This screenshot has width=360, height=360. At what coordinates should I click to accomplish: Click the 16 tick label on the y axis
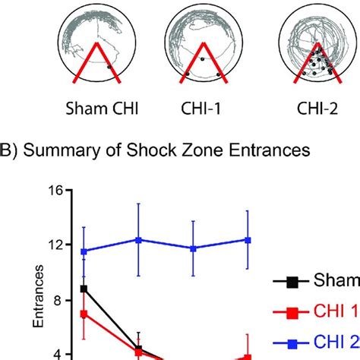pos(55,192)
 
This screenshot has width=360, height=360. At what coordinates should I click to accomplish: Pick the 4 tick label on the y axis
pos(59,353)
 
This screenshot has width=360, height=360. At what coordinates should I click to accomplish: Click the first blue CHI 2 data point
pos(84,251)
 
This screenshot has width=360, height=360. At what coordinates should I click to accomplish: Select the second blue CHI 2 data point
pos(138,240)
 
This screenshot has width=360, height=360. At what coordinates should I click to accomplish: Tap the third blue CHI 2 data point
pos(193,248)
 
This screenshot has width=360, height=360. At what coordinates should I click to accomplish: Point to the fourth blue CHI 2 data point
pos(248,240)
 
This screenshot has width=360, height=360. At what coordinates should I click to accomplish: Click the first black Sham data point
pos(84,289)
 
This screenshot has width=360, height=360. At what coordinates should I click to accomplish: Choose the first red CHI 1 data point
pos(84,314)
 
